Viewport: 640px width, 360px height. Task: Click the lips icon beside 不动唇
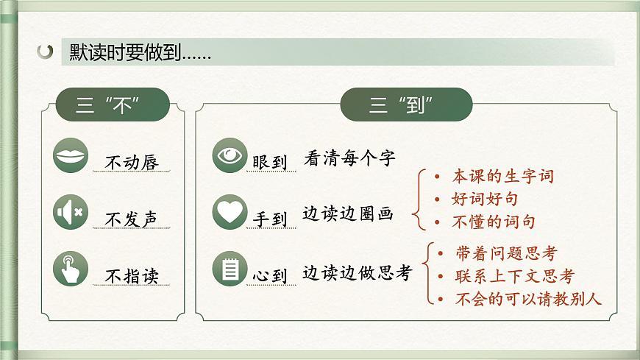click(71, 156)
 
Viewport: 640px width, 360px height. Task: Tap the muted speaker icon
click(71, 213)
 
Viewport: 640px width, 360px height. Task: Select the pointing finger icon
click(71, 270)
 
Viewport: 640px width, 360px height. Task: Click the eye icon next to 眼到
click(230, 155)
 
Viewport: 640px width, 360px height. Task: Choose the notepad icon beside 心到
click(230, 269)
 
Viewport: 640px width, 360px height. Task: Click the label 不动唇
click(132, 162)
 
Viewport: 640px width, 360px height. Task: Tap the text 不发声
click(132, 219)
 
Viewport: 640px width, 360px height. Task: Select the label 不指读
click(132, 276)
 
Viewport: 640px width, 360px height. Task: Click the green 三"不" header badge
click(113, 105)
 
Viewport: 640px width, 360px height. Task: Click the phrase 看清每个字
click(349, 158)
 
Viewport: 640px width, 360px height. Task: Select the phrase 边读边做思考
click(358, 272)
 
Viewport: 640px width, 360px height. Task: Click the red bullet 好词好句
click(486, 199)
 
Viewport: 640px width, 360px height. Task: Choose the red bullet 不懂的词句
click(494, 222)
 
